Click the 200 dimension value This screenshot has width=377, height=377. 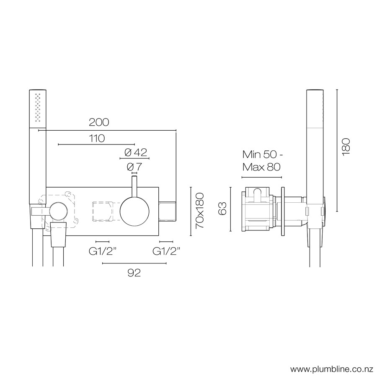click(x=99, y=122)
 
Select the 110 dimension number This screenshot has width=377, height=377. click(x=96, y=138)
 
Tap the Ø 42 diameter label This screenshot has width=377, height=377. click(x=136, y=152)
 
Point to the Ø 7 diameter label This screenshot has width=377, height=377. click(x=134, y=166)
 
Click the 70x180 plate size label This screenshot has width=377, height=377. click(x=199, y=211)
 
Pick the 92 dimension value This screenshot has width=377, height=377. click(x=134, y=273)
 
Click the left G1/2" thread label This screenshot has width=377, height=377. click(x=103, y=251)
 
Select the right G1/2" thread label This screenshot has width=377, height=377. click(x=166, y=251)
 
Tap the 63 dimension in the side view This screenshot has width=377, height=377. click(x=223, y=209)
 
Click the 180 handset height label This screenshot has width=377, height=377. click(x=346, y=147)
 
